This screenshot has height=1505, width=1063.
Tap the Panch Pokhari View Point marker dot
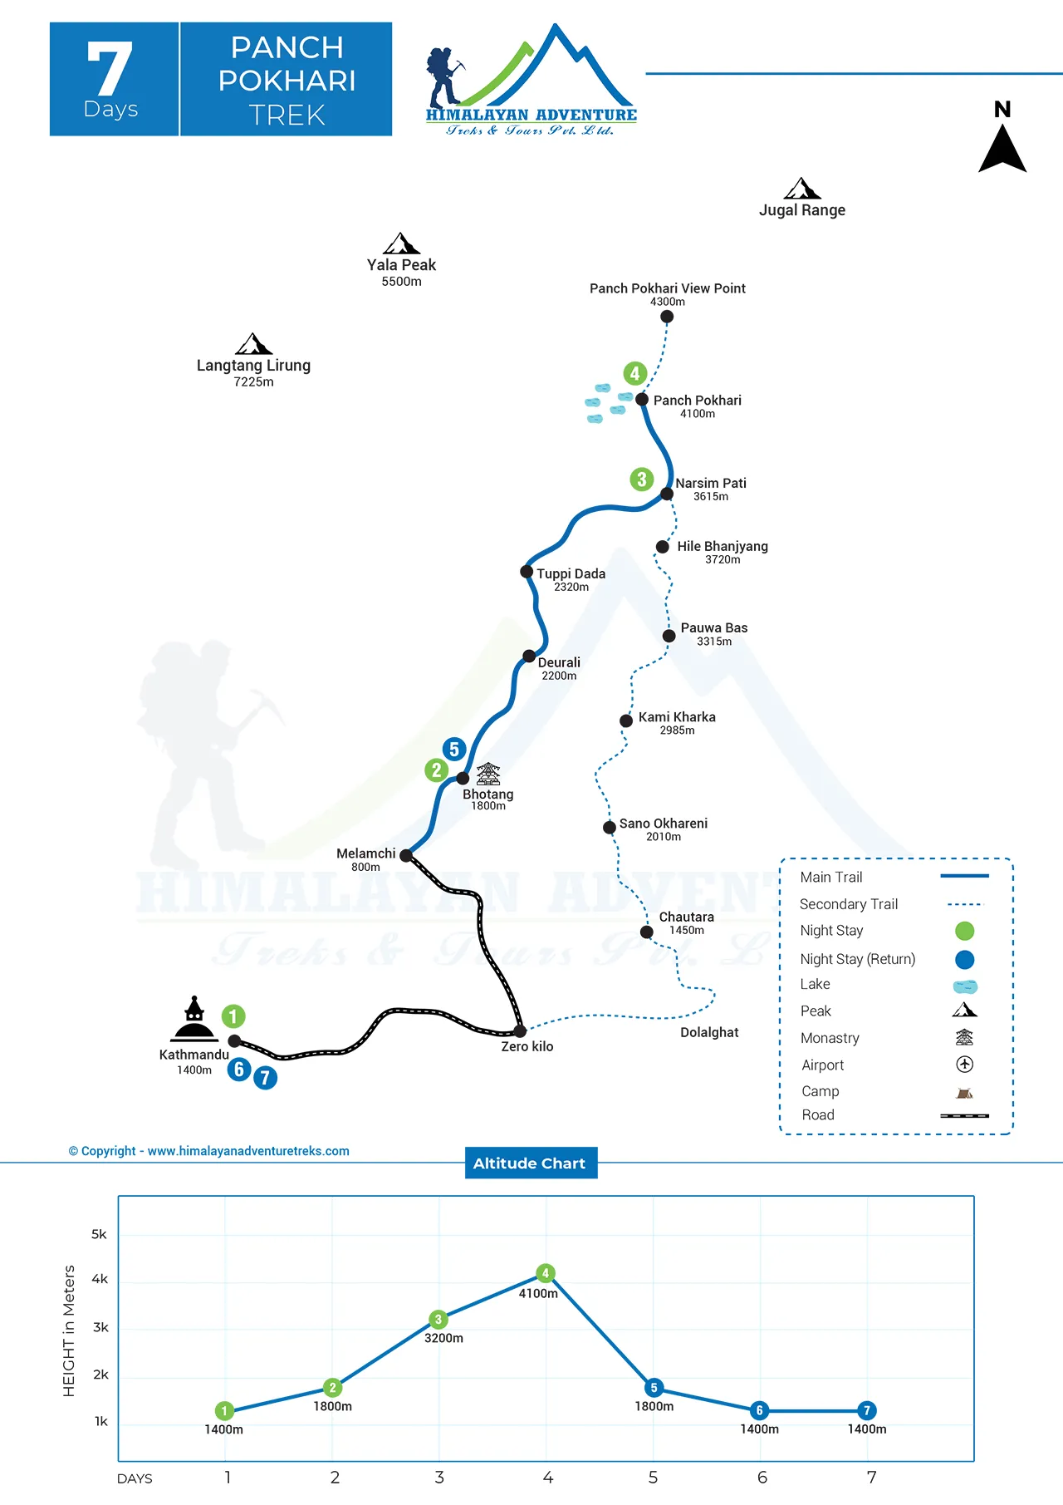coord(667,317)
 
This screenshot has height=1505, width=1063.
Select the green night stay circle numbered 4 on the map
coord(634,373)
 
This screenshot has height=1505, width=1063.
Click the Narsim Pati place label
coord(711,484)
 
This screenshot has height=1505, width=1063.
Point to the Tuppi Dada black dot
coord(527,572)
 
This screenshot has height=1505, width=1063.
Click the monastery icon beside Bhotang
coord(488,774)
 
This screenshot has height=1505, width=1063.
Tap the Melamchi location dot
coord(406,855)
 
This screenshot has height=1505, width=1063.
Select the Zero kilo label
coord(527,1047)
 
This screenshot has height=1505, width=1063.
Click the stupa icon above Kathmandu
coord(194,1020)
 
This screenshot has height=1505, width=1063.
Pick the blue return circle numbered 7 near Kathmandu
coord(265,1078)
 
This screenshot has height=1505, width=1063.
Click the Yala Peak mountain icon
coord(401,243)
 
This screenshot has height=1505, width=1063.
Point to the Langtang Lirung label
coord(253,366)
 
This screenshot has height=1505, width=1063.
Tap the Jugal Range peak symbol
coord(802,189)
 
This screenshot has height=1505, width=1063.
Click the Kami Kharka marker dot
coord(626,721)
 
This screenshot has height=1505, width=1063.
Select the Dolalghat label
coord(709,1033)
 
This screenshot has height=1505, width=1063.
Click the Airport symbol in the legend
coord(964,1065)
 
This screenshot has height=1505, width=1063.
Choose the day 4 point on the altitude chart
coord(546,1273)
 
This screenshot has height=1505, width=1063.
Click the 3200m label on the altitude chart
coord(443,1339)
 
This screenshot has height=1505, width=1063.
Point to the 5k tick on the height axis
coord(99,1235)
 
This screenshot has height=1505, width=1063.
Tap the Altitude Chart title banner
coord(530,1163)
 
